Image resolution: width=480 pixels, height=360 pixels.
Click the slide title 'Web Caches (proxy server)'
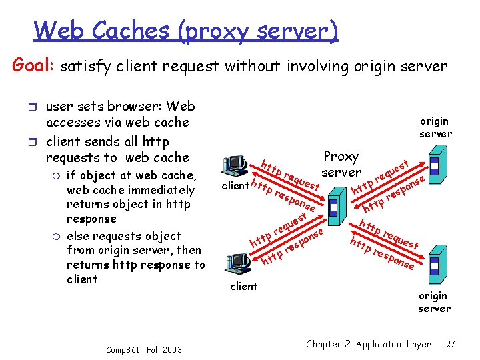pyautogui.click(x=186, y=30)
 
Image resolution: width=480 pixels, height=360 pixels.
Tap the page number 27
pyautogui.click(x=451, y=344)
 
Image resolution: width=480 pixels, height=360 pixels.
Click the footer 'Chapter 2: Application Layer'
pyautogui.click(x=368, y=344)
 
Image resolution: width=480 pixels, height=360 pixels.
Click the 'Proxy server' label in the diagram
pyautogui.click(x=341, y=164)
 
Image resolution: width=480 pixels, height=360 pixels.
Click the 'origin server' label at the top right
pyautogui.click(x=435, y=127)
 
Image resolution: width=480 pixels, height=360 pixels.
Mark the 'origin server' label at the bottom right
pyautogui.click(x=434, y=301)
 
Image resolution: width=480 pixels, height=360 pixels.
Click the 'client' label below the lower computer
pyautogui.click(x=243, y=286)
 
